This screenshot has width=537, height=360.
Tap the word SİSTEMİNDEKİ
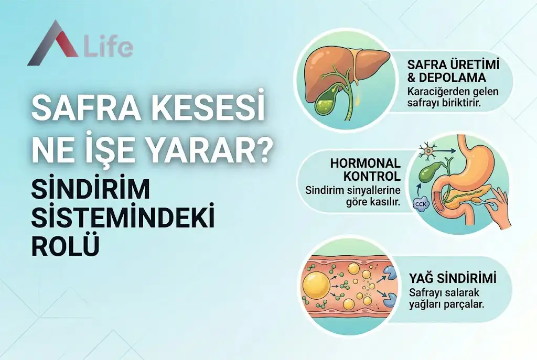(123, 218)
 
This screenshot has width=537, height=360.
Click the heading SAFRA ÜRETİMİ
(453, 66)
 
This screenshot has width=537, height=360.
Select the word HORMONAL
(365, 163)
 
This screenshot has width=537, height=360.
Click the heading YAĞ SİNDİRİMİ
(452, 278)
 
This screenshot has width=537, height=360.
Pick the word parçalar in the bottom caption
(467, 304)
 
